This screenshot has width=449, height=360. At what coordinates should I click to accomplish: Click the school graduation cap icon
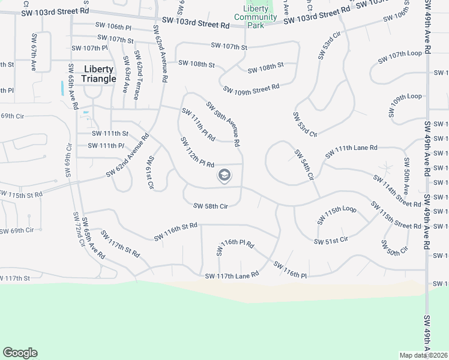pos(224,176)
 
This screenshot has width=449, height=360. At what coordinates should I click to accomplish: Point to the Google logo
pos(20,353)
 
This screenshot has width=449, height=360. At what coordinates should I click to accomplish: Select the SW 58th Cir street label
pos(211,206)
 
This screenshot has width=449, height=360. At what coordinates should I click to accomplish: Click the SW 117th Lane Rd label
pos(232,275)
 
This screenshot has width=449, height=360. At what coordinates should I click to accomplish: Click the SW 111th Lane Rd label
pos(351,151)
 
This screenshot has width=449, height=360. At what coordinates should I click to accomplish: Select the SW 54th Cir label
pos(304,166)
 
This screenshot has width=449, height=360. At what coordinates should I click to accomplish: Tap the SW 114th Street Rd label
pos(397,191)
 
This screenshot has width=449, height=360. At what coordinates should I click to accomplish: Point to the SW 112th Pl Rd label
pos(197,152)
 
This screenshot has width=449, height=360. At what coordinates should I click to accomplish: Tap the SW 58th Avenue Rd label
pos(223,124)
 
